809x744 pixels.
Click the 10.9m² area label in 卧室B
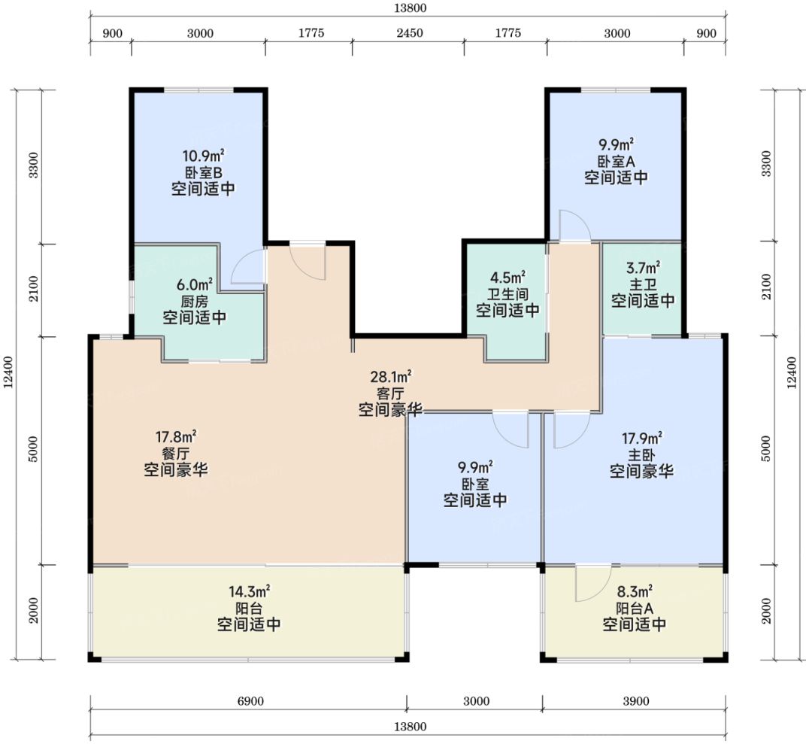[203, 156]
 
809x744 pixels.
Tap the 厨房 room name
[195, 302]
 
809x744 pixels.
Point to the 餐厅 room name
[176, 454]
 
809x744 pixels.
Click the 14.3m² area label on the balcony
[249, 591]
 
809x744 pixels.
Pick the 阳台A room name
[634, 608]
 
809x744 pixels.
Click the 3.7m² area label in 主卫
[643, 269]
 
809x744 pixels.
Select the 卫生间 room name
[508, 294]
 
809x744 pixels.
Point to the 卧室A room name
[616, 161]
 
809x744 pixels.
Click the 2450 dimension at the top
[410, 34]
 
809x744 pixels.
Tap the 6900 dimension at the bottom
[250, 701]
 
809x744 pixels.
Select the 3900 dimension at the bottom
[635, 701]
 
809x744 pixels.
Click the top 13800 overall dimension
[410, 8]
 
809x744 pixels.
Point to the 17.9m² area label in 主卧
[642, 439]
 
